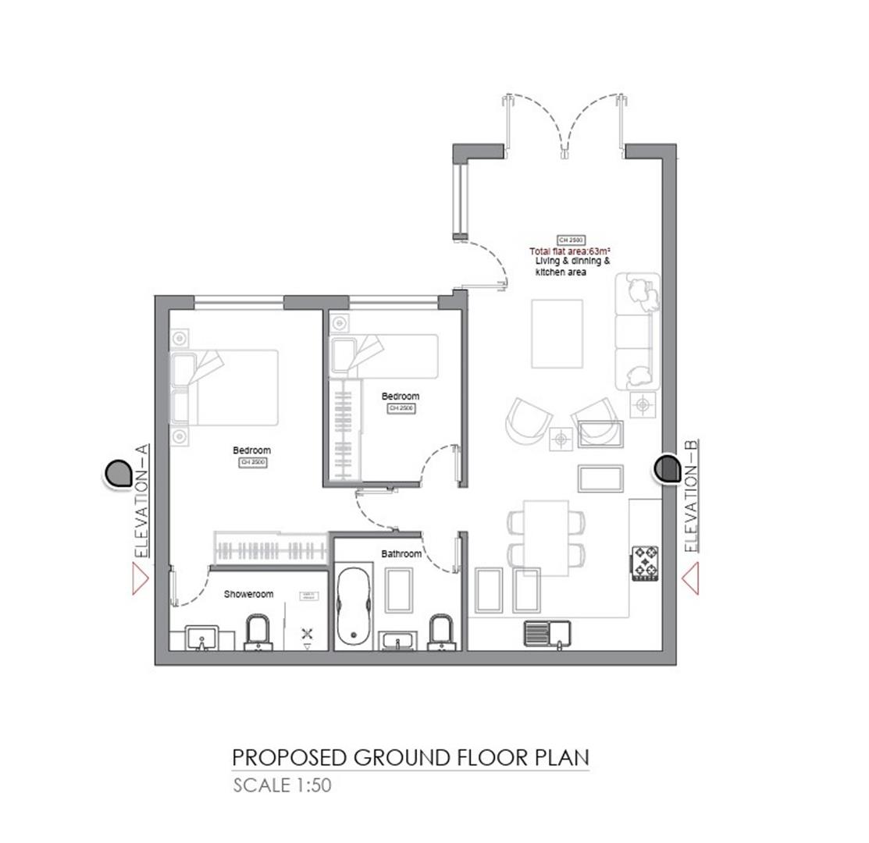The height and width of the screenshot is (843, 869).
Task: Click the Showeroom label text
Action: (x=248, y=594)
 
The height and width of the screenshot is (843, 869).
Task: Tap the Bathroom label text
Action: (x=401, y=553)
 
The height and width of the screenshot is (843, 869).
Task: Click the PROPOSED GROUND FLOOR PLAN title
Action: (x=410, y=757)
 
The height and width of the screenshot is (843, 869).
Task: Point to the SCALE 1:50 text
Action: (x=282, y=785)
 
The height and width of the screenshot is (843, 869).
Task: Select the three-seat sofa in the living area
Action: (x=637, y=331)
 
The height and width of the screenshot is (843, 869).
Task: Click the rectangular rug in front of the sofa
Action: (x=557, y=333)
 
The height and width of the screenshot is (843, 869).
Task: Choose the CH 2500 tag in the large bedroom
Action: (x=253, y=463)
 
